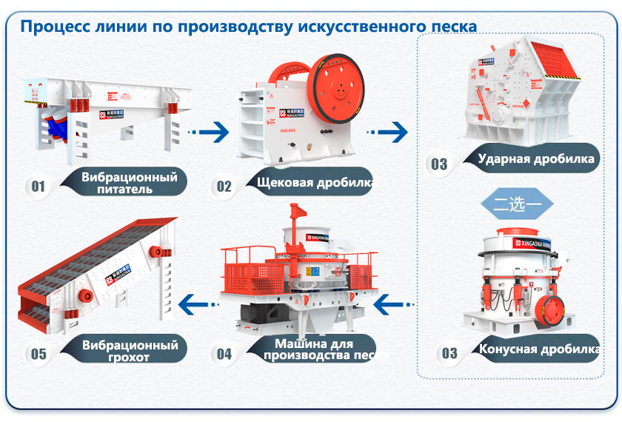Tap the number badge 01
[38, 185]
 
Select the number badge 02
[224, 185]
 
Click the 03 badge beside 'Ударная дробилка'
[439, 163]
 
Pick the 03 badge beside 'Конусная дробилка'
[449, 352]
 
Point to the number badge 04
[224, 353]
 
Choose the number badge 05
[38, 353]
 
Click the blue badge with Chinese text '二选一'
[518, 203]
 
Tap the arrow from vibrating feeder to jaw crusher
[207, 133]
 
